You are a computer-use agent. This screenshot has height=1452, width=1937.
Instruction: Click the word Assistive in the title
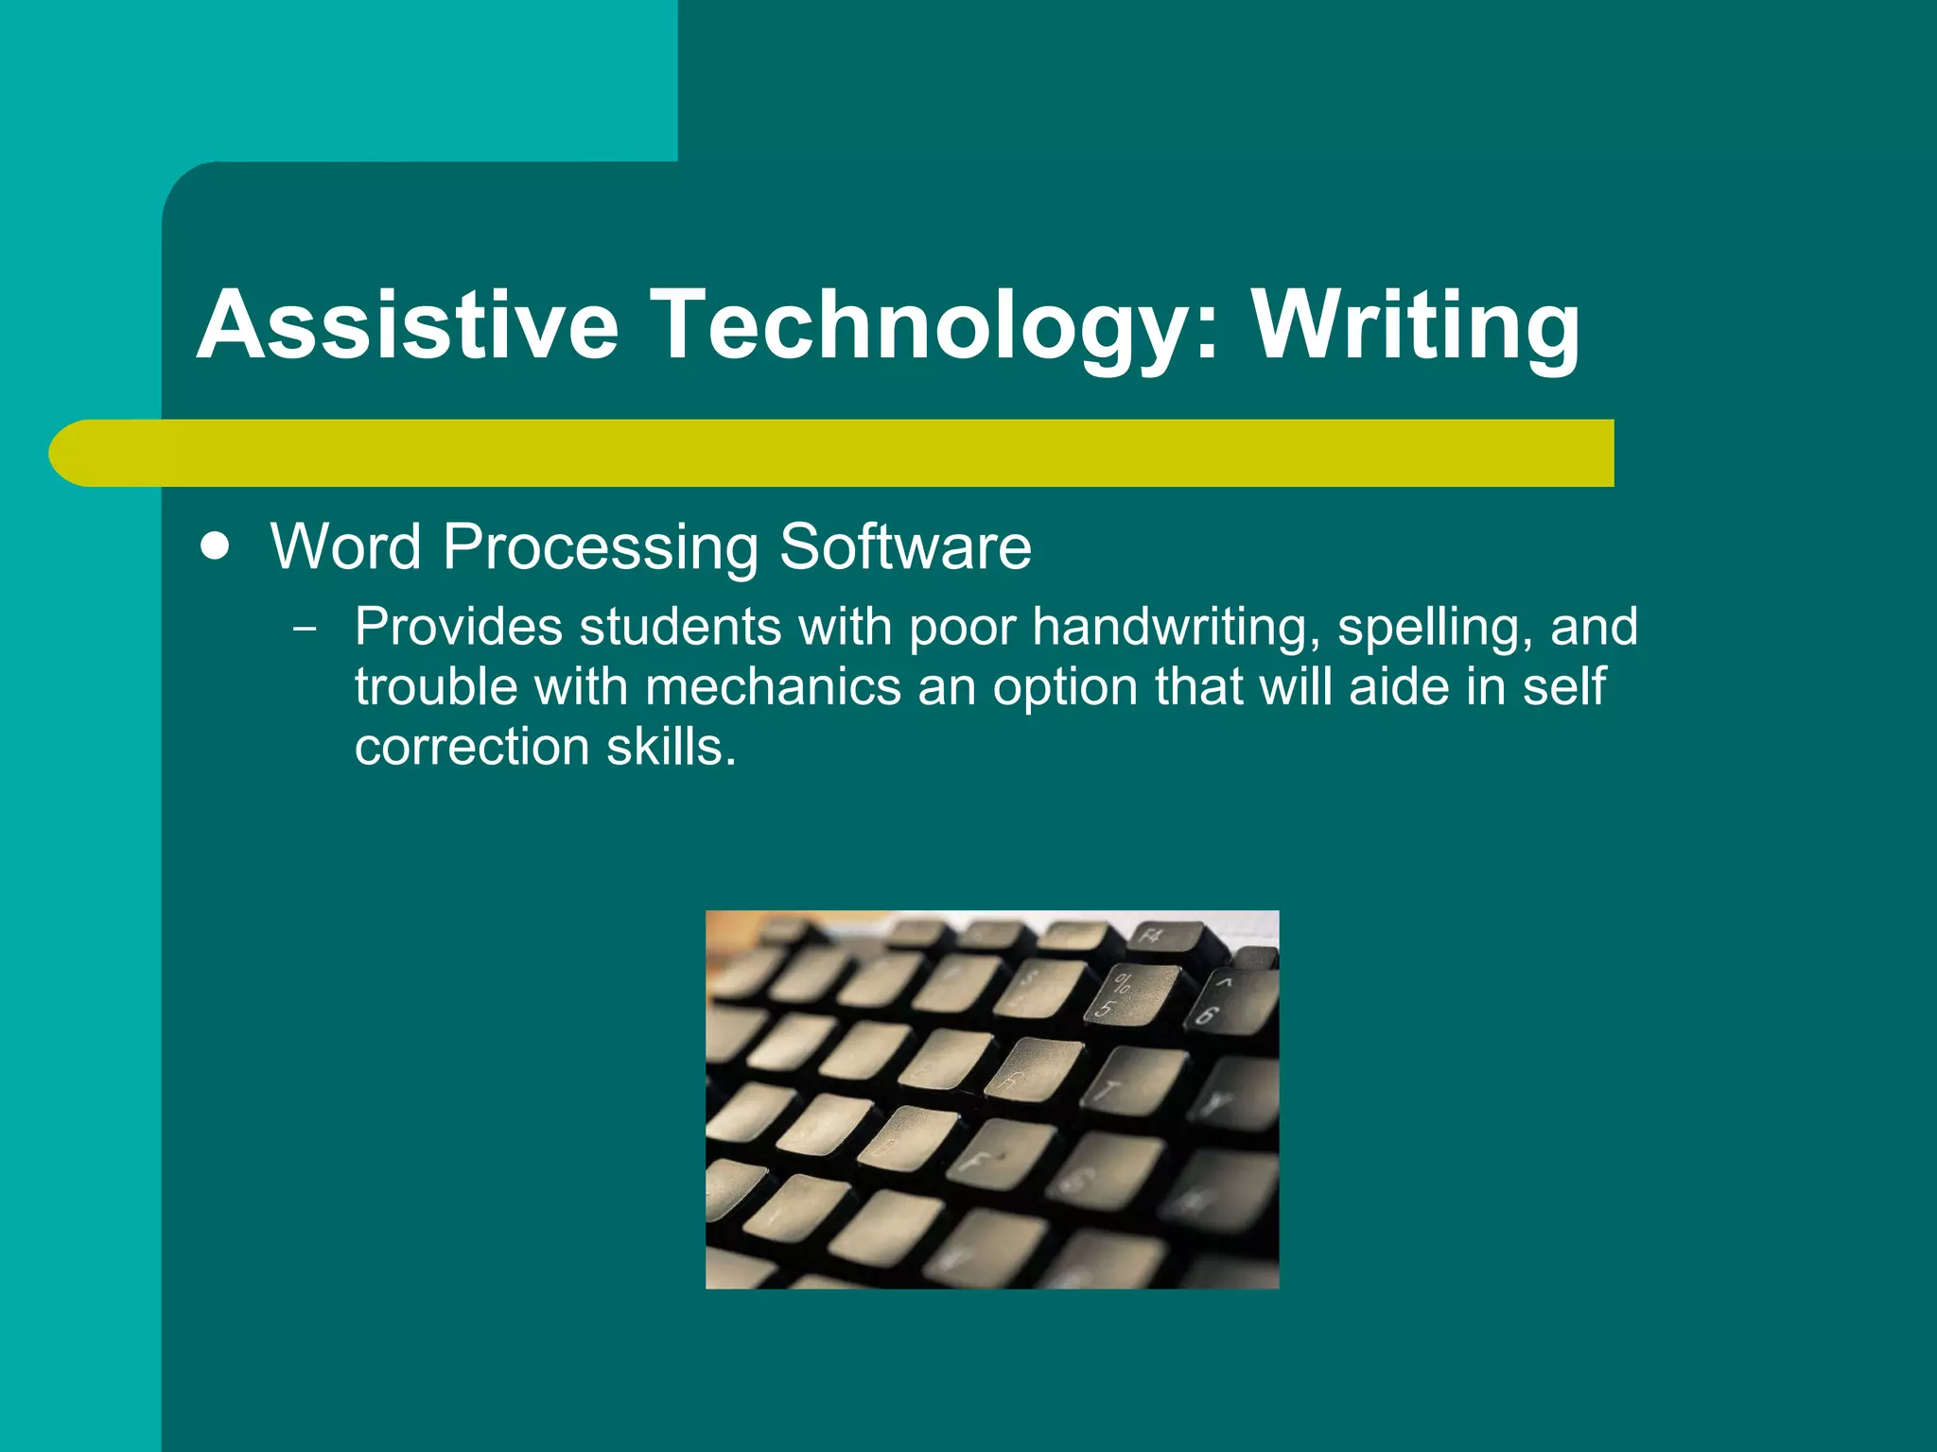pyautogui.click(x=408, y=325)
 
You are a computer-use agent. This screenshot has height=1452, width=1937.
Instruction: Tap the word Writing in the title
pyautogui.click(x=1416, y=325)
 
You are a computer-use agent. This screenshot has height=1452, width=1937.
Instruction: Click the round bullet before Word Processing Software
pyautogui.click(x=216, y=547)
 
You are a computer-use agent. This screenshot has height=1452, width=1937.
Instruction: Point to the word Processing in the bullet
pyautogui.click(x=600, y=547)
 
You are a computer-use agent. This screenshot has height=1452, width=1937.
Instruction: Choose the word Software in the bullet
pyautogui.click(x=905, y=547)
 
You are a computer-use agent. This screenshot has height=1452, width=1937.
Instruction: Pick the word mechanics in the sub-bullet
pyautogui.click(x=773, y=686)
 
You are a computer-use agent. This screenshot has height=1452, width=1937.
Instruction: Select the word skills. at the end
pyautogui.click(x=671, y=747)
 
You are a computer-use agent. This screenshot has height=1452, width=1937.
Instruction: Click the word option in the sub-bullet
pyautogui.click(x=1064, y=686)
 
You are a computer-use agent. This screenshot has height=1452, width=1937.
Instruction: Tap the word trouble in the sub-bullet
pyautogui.click(x=436, y=686)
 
